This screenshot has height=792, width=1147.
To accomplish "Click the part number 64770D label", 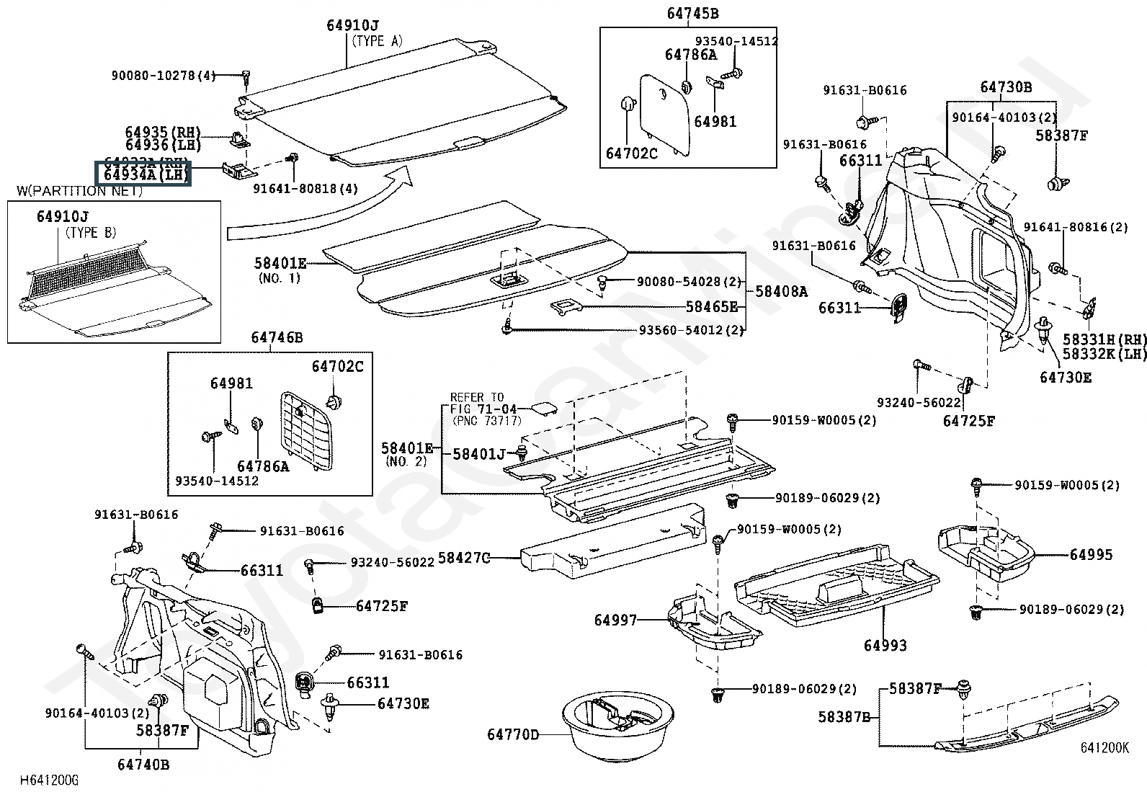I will (512, 734).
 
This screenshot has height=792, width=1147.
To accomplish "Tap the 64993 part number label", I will (885, 646).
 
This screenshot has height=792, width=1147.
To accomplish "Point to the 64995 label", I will (1091, 554).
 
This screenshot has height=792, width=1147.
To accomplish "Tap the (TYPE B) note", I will (91, 233).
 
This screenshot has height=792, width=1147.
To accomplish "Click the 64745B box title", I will (692, 13).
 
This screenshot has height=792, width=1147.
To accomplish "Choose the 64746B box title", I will (277, 337).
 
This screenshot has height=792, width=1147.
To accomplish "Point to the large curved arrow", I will (317, 209).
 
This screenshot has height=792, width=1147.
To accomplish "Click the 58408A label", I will (782, 291).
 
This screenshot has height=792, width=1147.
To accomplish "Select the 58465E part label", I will (711, 307).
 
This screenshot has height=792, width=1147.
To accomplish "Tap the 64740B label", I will (144, 765).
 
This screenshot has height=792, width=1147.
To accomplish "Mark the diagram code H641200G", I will (48, 780).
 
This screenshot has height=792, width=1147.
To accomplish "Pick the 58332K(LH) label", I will (1104, 354).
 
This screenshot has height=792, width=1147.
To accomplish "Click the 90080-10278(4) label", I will (164, 75).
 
